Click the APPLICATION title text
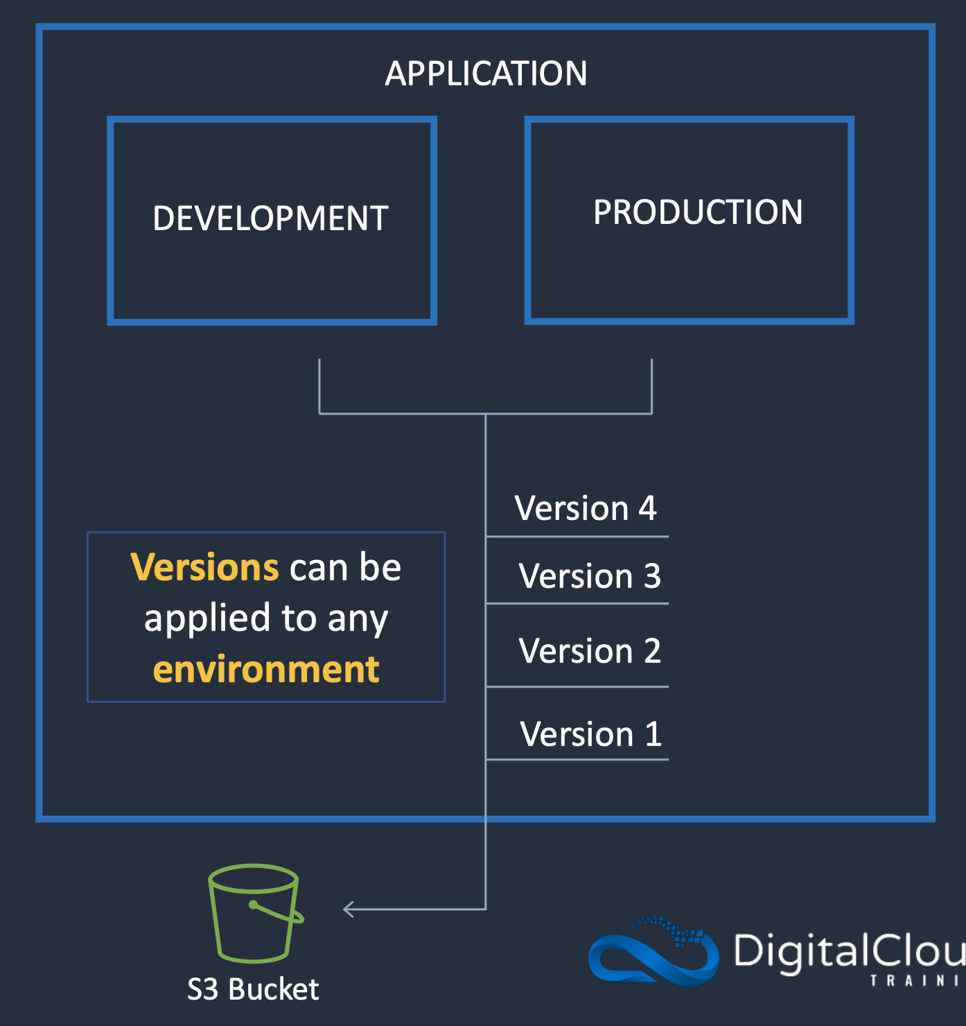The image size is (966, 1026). tap(486, 73)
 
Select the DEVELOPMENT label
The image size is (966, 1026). tap(270, 218)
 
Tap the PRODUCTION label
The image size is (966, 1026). tap(698, 212)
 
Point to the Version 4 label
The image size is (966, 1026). tap(586, 508)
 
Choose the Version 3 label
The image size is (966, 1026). tap(590, 576)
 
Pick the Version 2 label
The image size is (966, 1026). tap(590, 651)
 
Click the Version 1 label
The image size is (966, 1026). tap(590, 734)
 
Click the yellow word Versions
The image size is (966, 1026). tap(204, 568)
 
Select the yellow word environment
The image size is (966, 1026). tap(266, 670)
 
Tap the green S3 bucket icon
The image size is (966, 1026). tap(254, 912)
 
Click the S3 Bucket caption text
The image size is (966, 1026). tap(253, 989)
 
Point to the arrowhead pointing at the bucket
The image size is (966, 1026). tap(349, 909)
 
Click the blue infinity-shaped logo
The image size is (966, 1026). tap(652, 951)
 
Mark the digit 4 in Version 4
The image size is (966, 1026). tap(647, 508)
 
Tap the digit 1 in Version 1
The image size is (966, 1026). tap(653, 734)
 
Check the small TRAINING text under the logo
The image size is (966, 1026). tap(915, 981)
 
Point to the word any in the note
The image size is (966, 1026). tap(358, 618)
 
